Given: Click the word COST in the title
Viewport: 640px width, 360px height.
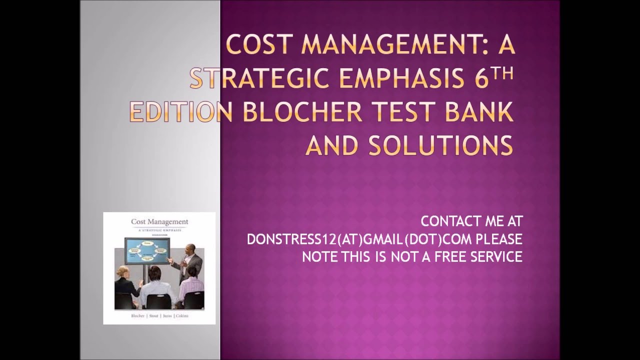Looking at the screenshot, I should point(256,46).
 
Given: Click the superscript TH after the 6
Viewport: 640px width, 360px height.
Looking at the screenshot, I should point(503,73).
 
